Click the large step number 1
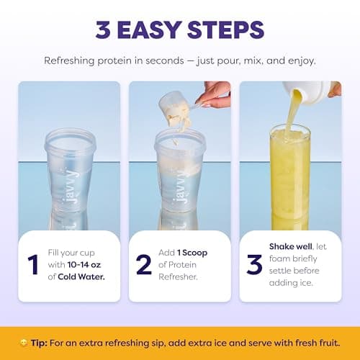(33, 264)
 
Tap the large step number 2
(144, 264)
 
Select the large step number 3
(254, 264)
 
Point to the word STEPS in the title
(225, 30)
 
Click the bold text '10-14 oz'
(84, 265)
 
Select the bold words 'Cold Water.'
(81, 276)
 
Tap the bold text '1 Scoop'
(192, 253)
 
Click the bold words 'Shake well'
(291, 246)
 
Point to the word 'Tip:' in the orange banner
(39, 343)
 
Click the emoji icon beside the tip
(24, 343)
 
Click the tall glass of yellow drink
(290, 178)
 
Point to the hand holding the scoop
(214, 94)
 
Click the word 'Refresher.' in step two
(178, 277)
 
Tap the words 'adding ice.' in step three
(291, 283)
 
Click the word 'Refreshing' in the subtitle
(69, 60)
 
